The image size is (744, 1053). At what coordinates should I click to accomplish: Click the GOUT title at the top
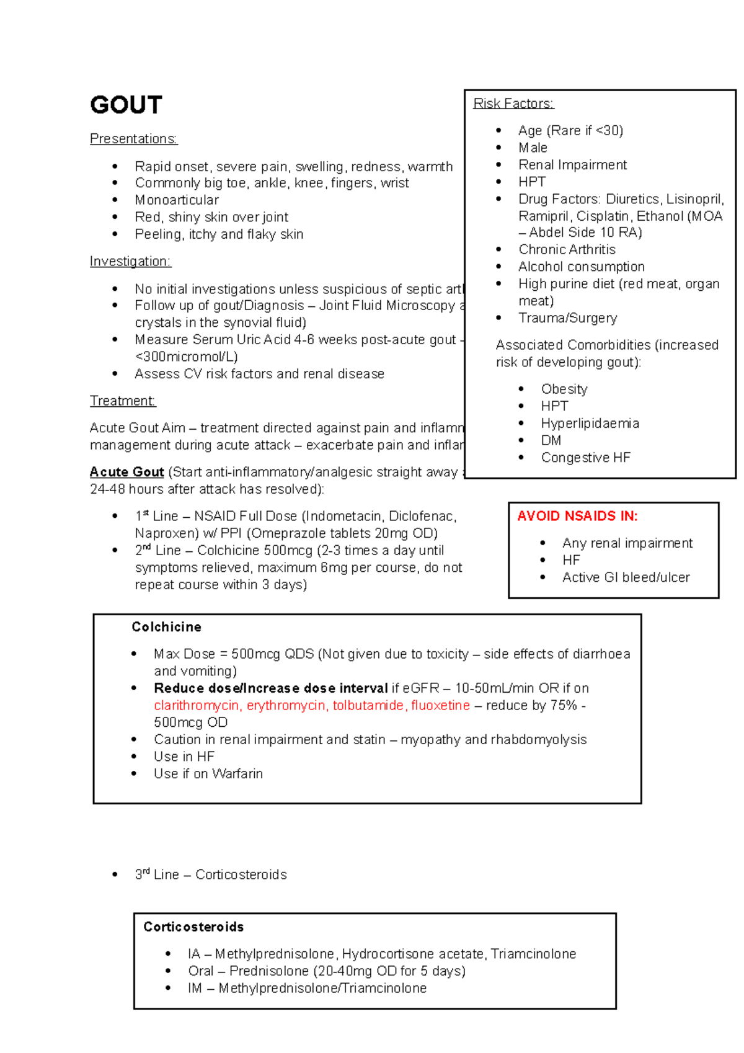tap(126, 105)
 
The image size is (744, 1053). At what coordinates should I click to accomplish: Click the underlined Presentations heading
tap(133, 139)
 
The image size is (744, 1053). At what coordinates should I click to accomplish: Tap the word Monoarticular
tap(177, 200)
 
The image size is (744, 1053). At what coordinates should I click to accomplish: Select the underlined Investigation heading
tap(130, 262)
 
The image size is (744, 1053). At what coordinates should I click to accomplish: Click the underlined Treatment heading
tap(123, 401)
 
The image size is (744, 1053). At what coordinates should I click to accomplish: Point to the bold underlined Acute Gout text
tap(126, 472)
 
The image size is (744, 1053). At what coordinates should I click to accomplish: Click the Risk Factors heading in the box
tap(513, 104)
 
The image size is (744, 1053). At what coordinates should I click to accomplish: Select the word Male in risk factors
tap(533, 148)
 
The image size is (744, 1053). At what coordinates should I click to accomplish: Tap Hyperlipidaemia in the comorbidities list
tap(590, 424)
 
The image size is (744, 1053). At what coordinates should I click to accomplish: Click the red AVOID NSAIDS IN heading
tap(577, 516)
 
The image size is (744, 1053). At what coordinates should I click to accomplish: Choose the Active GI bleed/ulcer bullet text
tap(626, 577)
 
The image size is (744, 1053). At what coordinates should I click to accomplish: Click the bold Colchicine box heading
tap(166, 627)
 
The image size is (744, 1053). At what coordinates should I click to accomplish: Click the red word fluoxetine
tap(440, 706)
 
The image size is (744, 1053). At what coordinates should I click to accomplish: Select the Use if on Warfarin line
tap(208, 774)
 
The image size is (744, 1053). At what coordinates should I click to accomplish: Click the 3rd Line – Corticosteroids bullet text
tap(211, 874)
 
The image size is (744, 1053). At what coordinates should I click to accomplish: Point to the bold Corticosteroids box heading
tap(193, 927)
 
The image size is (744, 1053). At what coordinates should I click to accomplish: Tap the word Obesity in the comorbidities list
tap(564, 389)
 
